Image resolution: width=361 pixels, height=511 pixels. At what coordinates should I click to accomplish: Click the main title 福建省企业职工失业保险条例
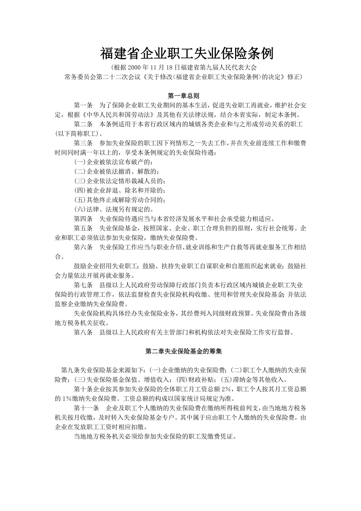pyautogui.click(x=187, y=53)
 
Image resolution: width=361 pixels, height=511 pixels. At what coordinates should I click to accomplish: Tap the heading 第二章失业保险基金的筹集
pyautogui.click(x=184, y=352)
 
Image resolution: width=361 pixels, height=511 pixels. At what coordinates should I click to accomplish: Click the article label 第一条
pyautogui.click(x=83, y=105)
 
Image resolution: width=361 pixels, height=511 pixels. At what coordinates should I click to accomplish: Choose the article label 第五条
pyautogui.click(x=83, y=228)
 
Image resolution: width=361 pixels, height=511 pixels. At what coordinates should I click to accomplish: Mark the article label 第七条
pyautogui.click(x=83, y=285)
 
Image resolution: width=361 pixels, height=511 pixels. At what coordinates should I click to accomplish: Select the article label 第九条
pyautogui.click(x=70, y=370)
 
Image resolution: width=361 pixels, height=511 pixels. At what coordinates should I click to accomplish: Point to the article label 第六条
pyautogui.click(x=83, y=247)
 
